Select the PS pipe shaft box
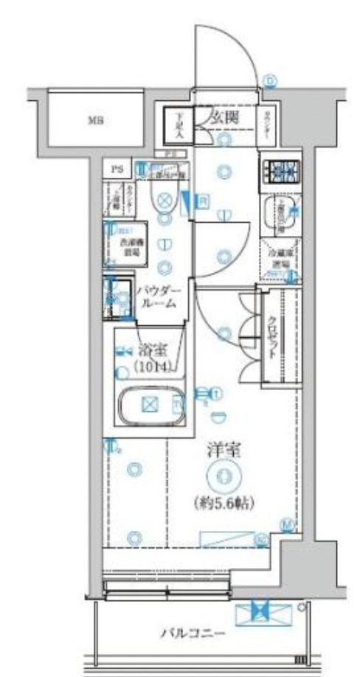point(117,169)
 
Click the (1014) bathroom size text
point(152,367)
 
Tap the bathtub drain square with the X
point(151,404)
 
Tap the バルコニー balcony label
point(191,632)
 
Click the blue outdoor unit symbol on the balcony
point(258,611)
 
